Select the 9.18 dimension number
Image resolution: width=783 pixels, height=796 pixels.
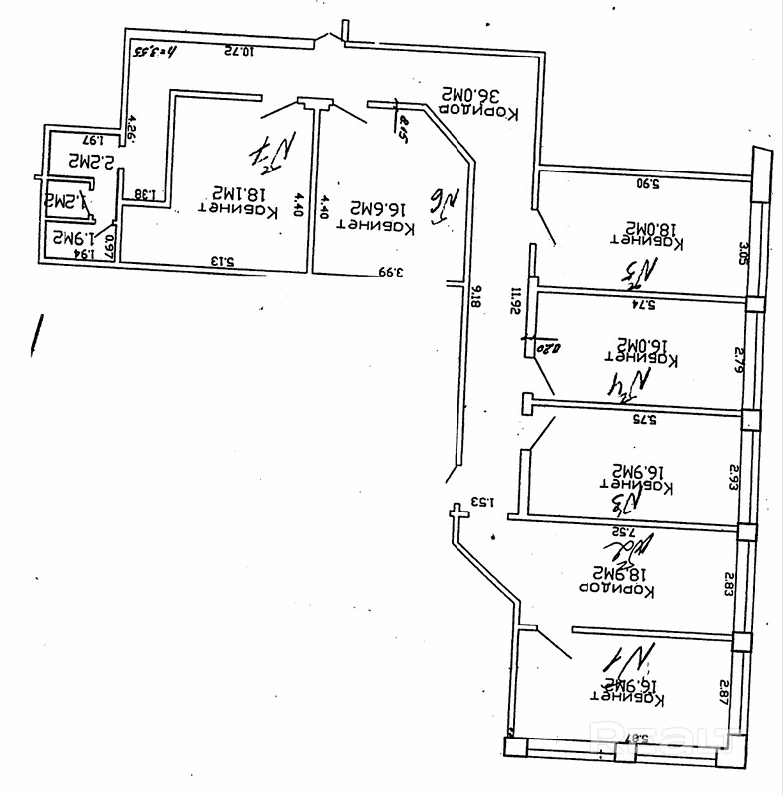476,295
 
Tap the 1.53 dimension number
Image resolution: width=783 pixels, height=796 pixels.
482,500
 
